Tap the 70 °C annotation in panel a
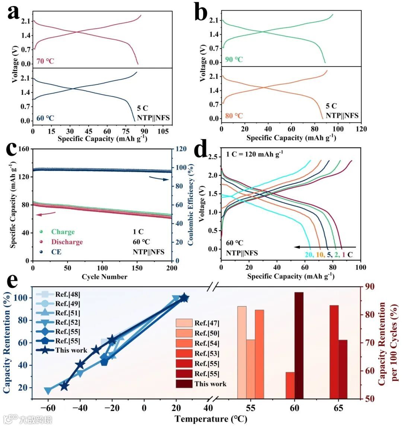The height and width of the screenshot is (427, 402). tap(45, 61)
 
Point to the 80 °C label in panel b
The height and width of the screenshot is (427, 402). tap(234, 116)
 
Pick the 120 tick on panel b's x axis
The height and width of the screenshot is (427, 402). tap(361, 129)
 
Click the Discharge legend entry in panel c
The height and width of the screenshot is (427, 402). tap(67, 242)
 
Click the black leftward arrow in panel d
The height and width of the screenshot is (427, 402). tap(325, 247)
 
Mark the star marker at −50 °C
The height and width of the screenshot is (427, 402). tap(64, 386)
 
